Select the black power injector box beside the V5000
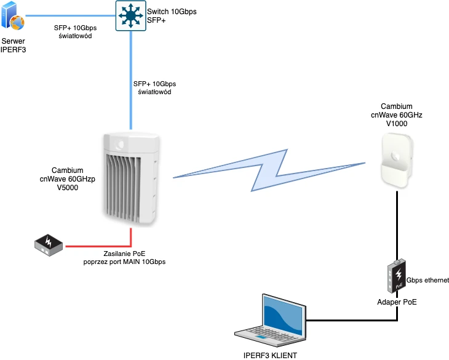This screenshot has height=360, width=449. (49, 246)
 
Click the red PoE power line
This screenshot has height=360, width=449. (98, 246)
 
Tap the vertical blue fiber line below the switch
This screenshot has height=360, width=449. (130, 80)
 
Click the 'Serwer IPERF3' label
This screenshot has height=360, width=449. (13, 45)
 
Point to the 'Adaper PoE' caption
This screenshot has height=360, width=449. (397, 302)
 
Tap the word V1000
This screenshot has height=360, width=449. (397, 124)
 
